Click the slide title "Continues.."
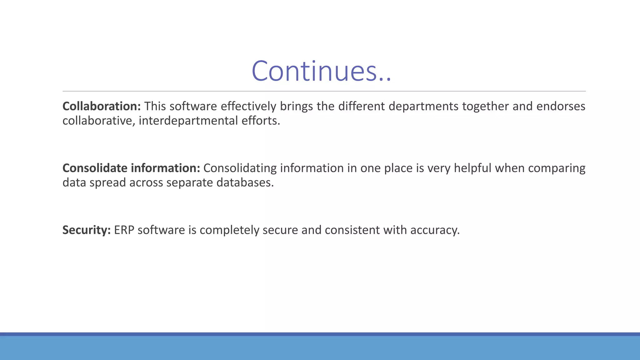click(321, 71)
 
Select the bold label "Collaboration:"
click(102, 106)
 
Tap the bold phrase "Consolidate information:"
click(131, 168)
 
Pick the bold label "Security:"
click(87, 230)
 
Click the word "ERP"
click(124, 230)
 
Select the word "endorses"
click(561, 106)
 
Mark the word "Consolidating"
click(240, 168)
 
